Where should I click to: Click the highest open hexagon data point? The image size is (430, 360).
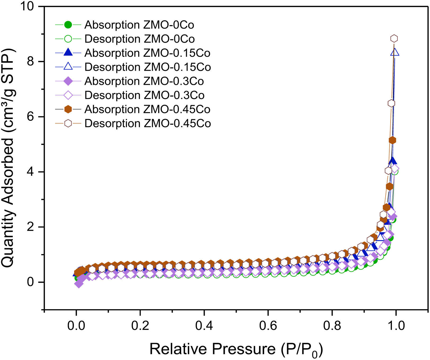tap(394, 38)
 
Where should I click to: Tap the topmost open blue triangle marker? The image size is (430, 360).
tap(395, 52)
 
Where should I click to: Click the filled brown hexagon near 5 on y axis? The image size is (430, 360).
tap(392, 140)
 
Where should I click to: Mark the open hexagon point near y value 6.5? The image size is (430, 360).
tap(391, 103)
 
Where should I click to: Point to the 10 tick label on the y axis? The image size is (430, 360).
tap(27, 6)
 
